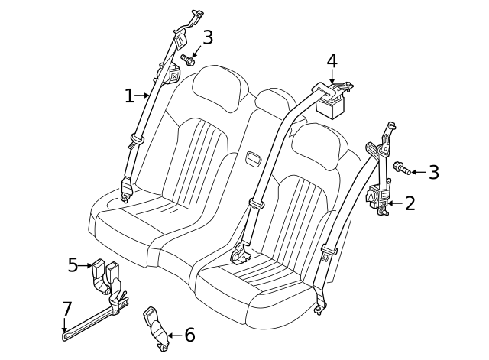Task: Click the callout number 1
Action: (129, 96)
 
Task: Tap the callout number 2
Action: (410, 203)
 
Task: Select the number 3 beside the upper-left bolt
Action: (207, 37)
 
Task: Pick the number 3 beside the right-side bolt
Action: (433, 172)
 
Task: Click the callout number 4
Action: (332, 60)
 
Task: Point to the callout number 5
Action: (73, 264)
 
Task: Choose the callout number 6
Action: (189, 334)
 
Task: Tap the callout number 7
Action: (66, 309)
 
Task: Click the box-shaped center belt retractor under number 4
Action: (334, 102)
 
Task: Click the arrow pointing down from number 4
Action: (332, 76)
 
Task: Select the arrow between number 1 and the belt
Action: (144, 96)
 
